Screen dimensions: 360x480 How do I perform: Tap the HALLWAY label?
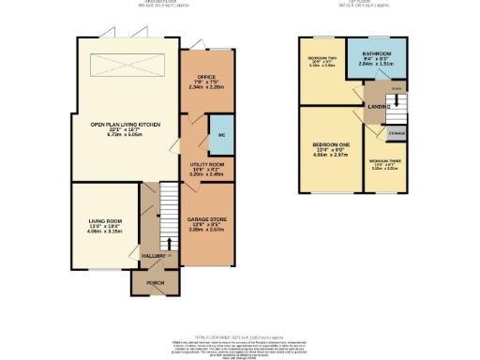152,254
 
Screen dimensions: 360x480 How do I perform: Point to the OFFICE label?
206,77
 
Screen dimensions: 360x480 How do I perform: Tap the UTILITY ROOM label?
206,163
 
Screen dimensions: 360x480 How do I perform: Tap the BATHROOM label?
376,53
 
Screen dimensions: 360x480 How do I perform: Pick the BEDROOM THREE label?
384,165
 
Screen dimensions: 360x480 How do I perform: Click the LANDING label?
378,107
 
